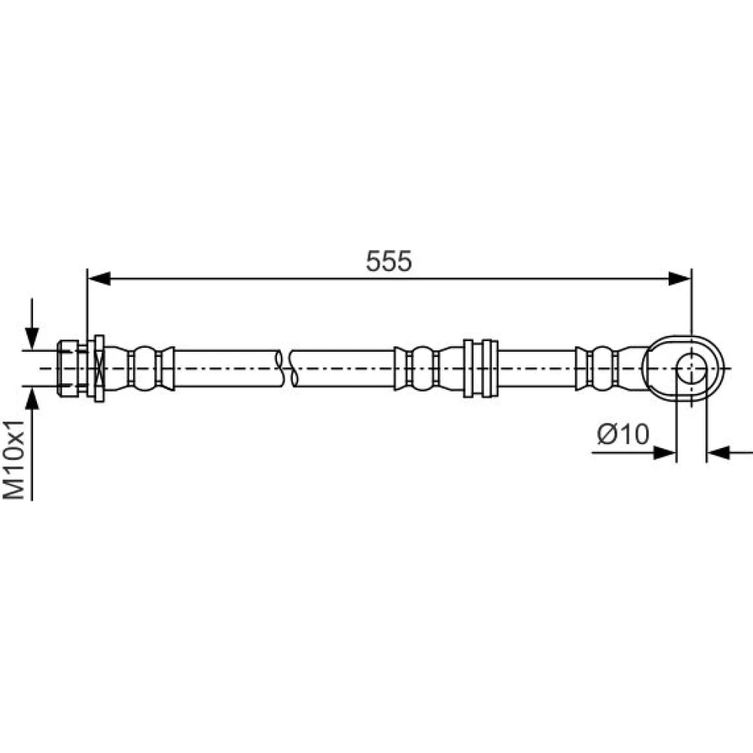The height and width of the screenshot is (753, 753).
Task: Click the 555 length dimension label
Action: pos(389,261)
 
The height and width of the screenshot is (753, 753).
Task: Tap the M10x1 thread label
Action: pos(14,459)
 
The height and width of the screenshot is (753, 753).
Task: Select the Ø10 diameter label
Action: pos(623,434)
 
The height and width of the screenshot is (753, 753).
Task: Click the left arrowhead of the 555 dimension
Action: pos(99,278)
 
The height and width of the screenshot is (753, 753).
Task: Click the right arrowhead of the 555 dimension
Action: pos(679,278)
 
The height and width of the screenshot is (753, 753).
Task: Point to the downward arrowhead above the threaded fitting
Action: pos(32,338)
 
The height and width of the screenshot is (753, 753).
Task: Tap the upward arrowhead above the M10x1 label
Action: pos(32,398)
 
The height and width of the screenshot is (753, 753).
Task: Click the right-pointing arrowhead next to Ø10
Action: pos(665,453)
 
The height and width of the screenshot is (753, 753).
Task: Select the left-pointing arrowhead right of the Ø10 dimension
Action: pos(718,453)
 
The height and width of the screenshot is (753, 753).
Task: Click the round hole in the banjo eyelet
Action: pos(691,368)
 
